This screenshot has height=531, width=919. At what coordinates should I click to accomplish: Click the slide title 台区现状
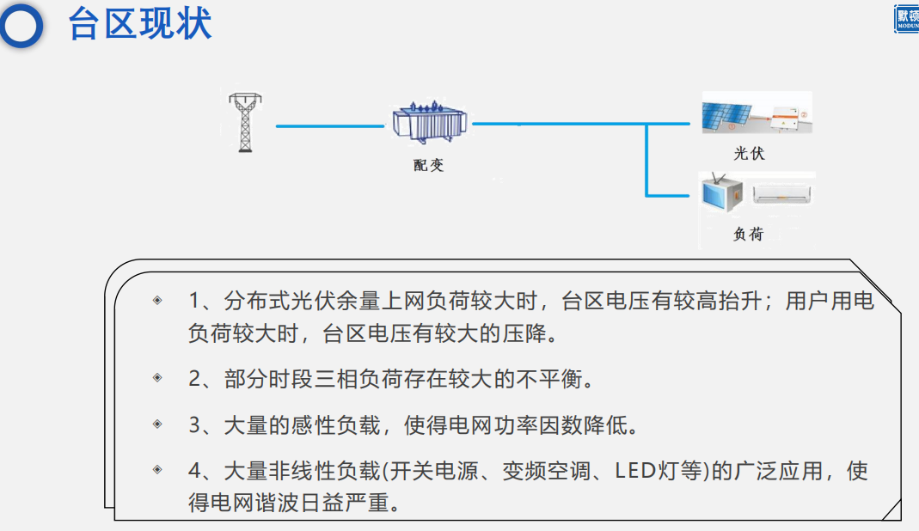(140, 24)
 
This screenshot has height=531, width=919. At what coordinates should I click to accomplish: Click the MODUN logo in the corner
(906, 19)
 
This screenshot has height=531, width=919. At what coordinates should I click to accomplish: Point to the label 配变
(428, 165)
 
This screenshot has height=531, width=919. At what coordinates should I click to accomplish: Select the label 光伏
(748, 154)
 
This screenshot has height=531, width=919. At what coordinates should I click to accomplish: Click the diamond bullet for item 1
(157, 301)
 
